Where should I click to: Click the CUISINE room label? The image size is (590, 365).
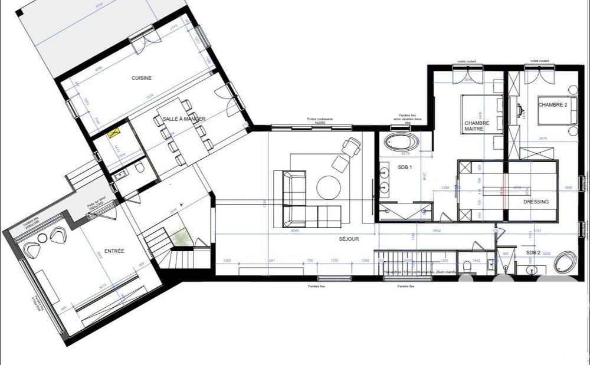coord(142,78)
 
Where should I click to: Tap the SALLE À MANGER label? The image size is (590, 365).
coord(183,119)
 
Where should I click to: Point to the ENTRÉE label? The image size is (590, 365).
coord(114,251)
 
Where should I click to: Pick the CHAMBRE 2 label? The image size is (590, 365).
coord(553,104)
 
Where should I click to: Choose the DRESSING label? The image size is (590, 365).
coord(536,202)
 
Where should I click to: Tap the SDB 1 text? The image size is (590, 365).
coord(405,167)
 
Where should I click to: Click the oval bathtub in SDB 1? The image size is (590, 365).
coord(402,142)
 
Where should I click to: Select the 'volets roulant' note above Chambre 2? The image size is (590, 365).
coord(540,61)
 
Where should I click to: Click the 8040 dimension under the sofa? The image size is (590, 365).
coord(294,231)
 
